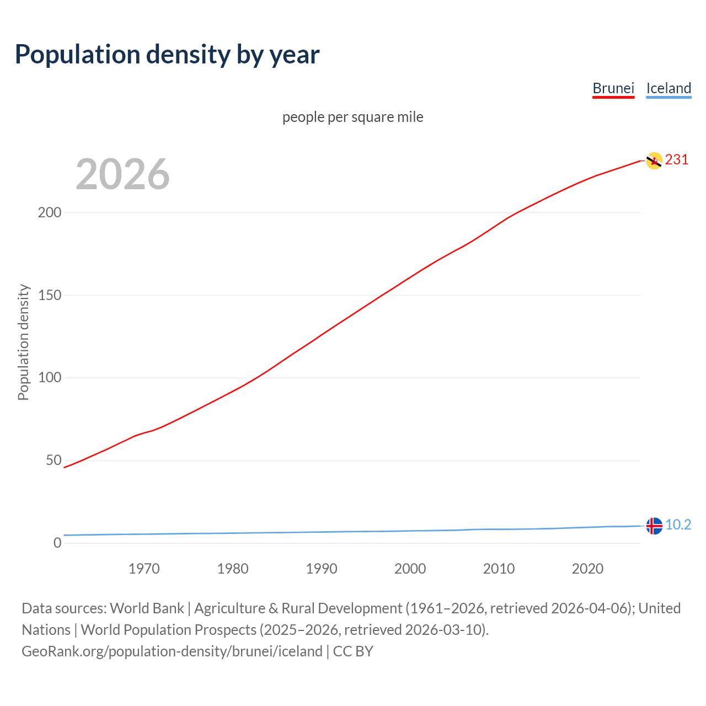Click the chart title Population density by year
point(167,55)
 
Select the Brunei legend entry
point(613,88)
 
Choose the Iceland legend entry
point(668,88)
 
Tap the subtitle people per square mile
point(353,117)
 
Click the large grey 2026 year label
point(122,174)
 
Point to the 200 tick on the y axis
point(49,212)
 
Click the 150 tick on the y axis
point(49,295)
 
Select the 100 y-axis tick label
point(49,378)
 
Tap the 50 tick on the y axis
point(54,460)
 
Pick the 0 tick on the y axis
point(57,543)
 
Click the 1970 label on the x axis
point(144,569)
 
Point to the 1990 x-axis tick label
point(322,569)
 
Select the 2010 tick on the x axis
point(499,569)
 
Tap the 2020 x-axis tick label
point(587,569)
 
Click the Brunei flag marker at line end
point(654,161)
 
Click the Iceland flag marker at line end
point(654,526)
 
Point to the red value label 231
point(677,160)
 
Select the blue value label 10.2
point(678,525)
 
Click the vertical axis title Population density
point(23,342)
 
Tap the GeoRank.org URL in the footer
point(172,651)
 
